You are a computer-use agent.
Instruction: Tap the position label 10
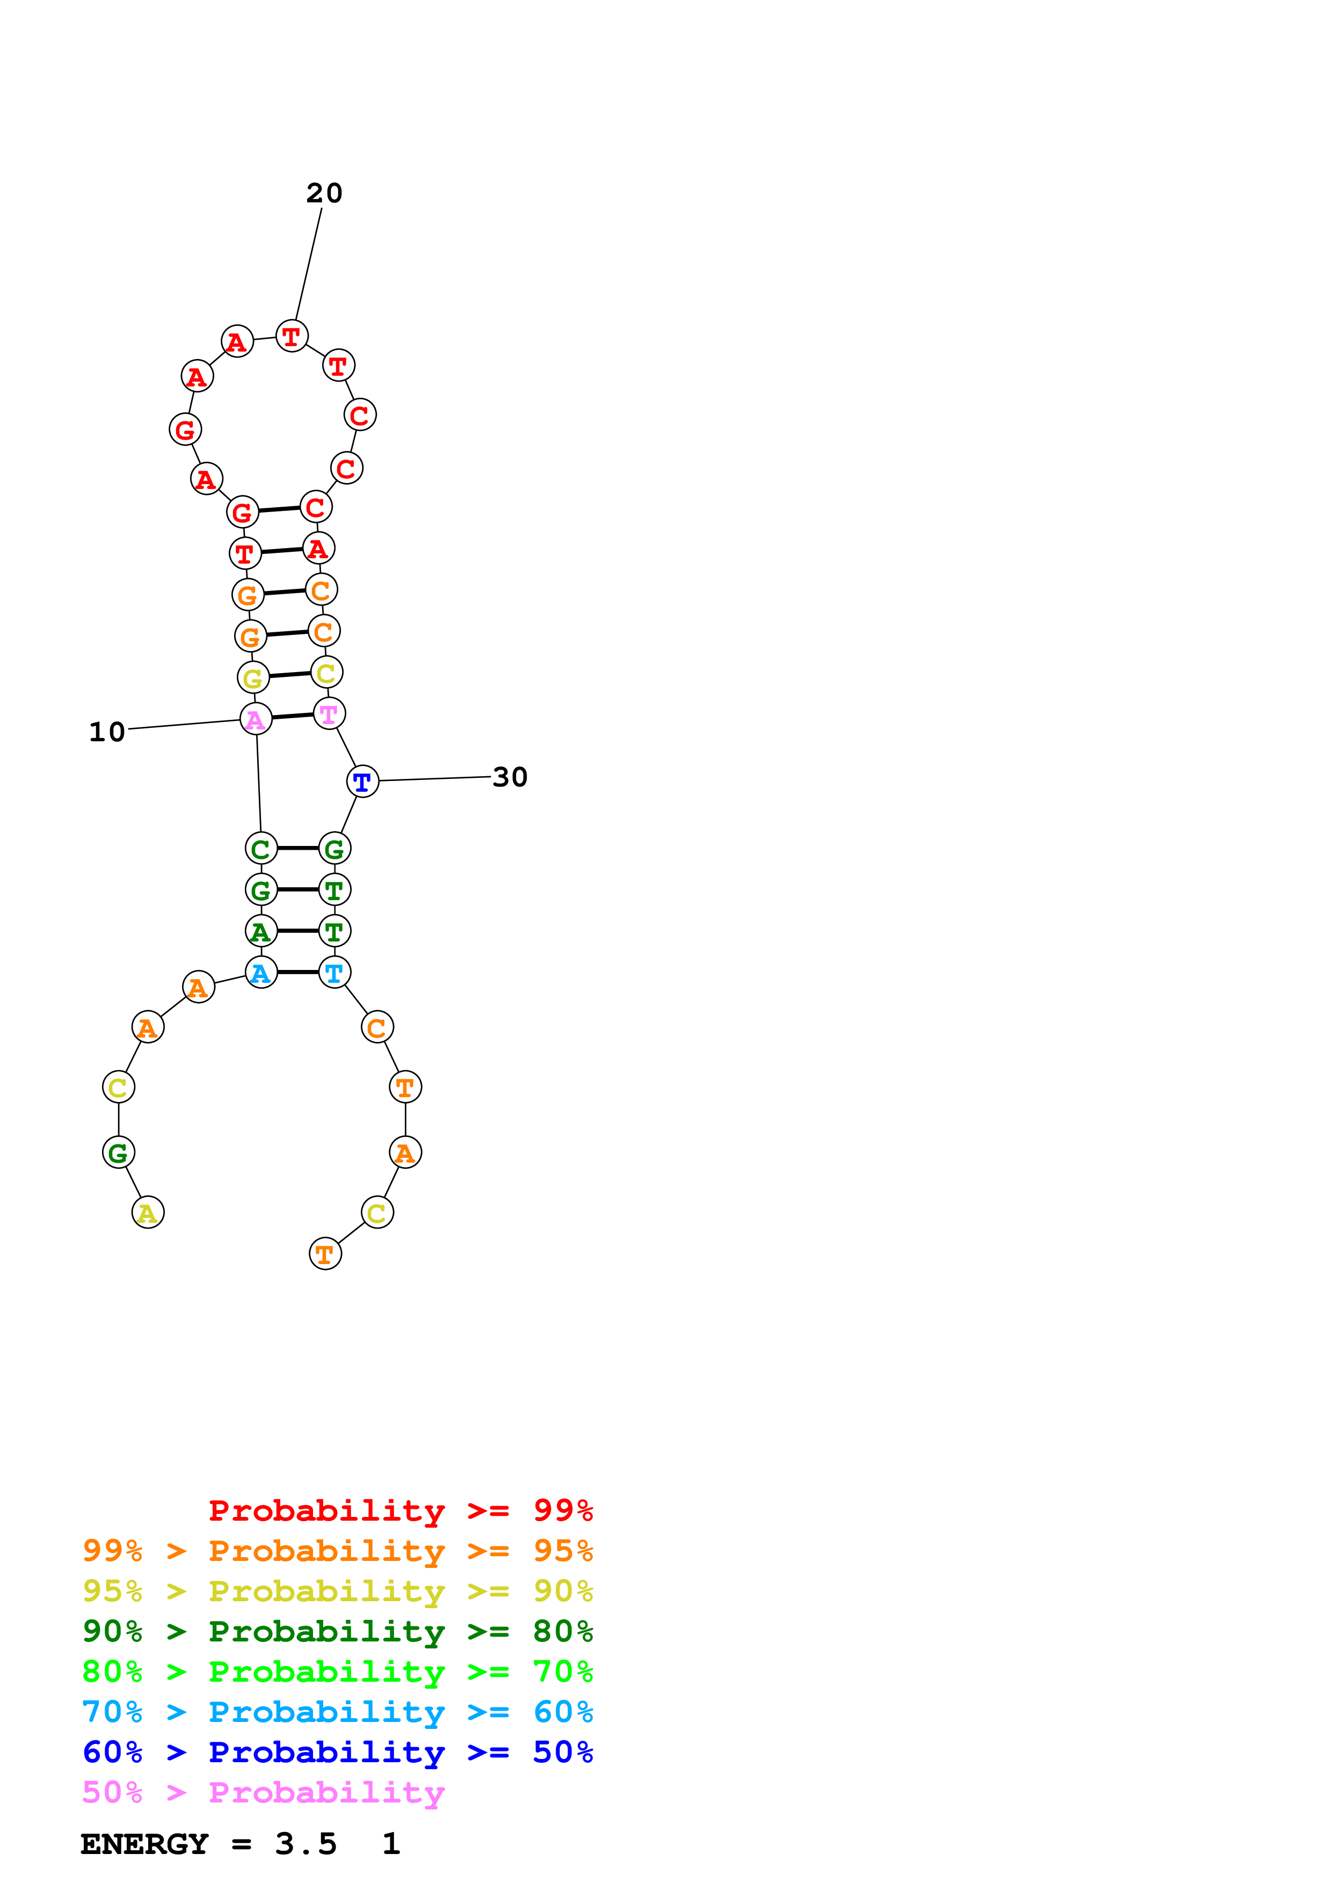pyautogui.click(x=107, y=732)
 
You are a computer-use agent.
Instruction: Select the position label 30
pyautogui.click(x=510, y=777)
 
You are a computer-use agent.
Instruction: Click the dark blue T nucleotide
pyautogui.click(x=362, y=781)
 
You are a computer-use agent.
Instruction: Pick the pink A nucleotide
pyautogui.click(x=256, y=719)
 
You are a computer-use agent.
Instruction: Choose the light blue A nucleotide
pyautogui.click(x=261, y=973)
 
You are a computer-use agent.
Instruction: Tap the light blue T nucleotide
pyautogui.click(x=334, y=973)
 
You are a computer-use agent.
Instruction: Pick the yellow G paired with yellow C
pyautogui.click(x=253, y=677)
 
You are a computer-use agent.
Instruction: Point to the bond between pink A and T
pyautogui.click(x=293, y=716)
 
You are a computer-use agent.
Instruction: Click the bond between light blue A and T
pyautogui.click(x=297, y=973)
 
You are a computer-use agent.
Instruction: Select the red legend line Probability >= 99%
pyautogui.click(x=400, y=1510)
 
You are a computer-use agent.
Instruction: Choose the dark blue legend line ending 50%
pyautogui.click(x=337, y=1752)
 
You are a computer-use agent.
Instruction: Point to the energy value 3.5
pyautogui.click(x=306, y=1844)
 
